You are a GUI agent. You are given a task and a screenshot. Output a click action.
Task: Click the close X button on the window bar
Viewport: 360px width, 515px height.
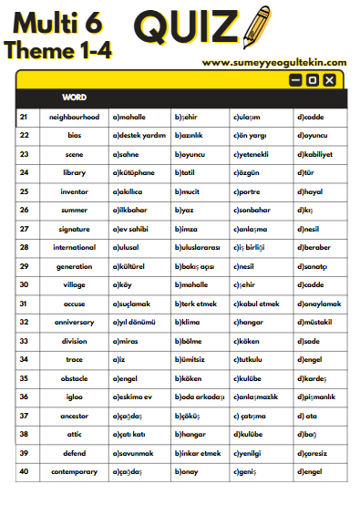tap(329, 80)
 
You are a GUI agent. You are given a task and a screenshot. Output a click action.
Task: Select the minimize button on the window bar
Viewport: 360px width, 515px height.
tap(294, 80)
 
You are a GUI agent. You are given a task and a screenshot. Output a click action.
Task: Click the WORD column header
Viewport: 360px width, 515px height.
tap(74, 97)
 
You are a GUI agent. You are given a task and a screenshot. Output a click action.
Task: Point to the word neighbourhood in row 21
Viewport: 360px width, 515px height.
tap(74, 117)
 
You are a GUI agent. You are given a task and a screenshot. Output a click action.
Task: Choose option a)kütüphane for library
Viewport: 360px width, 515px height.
tap(133, 172)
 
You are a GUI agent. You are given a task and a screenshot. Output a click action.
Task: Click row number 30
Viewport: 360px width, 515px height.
tap(24, 284)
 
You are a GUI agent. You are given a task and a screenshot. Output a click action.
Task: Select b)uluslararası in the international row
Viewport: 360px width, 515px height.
tap(199, 247)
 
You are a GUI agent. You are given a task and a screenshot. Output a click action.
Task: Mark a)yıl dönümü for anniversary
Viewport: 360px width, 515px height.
tap(136, 322)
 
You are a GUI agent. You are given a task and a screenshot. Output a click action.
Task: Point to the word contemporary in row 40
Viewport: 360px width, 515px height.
tap(74, 471)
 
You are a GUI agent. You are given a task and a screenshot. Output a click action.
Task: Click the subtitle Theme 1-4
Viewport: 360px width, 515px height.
tap(57, 49)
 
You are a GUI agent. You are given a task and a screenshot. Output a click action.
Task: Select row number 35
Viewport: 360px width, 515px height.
tap(24, 378)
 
